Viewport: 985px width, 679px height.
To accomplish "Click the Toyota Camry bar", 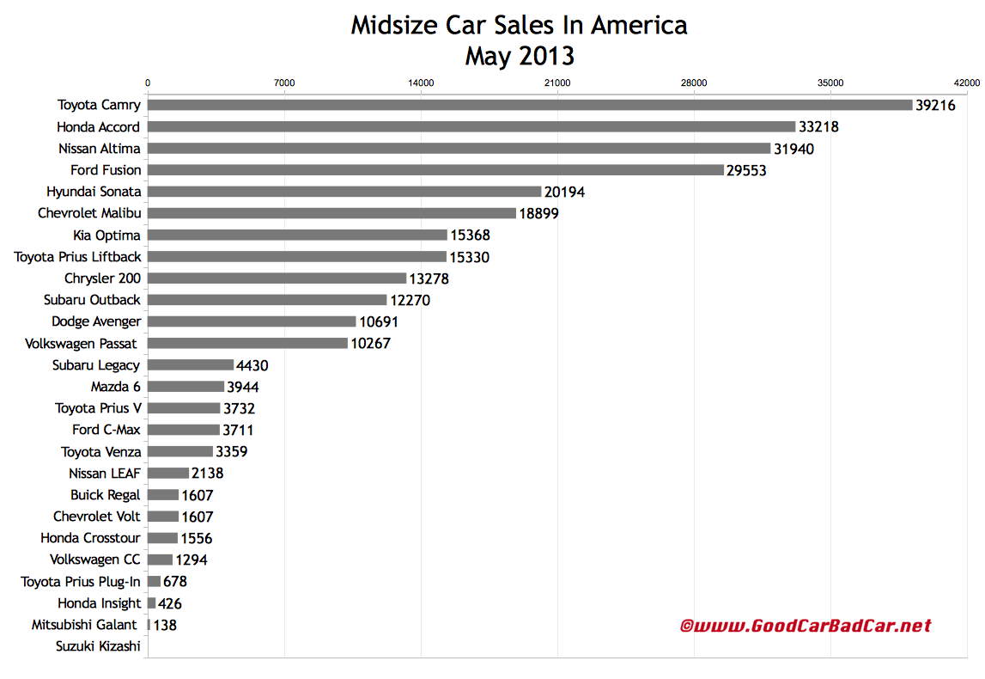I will (529, 105).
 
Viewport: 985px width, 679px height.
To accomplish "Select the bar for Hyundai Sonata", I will (344, 192).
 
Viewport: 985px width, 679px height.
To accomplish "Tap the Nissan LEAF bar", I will (168, 473).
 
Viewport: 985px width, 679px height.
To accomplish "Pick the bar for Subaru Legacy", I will (191, 365).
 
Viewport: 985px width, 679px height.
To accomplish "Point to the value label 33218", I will (818, 127).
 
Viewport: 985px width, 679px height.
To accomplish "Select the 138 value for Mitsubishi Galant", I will (165, 625).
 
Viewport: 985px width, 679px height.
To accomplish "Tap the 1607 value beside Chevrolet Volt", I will (197, 517).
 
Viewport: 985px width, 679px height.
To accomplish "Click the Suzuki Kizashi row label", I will (98, 646).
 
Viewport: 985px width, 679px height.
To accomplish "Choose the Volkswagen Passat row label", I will (93, 343).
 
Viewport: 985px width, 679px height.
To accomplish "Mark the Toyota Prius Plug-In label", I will (81, 582).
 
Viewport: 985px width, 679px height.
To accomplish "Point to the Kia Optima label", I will (106, 235).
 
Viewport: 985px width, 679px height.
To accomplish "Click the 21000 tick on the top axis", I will (557, 83).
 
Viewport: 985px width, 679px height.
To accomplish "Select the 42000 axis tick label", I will (966, 83).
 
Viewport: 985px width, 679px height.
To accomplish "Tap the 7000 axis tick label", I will (284, 83).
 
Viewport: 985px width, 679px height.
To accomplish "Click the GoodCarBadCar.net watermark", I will (806, 626).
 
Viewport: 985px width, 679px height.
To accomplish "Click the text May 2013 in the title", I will (520, 56).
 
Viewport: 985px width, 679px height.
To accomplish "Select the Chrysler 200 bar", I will (277, 278).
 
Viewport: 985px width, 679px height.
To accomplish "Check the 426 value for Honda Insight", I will (171, 603).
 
